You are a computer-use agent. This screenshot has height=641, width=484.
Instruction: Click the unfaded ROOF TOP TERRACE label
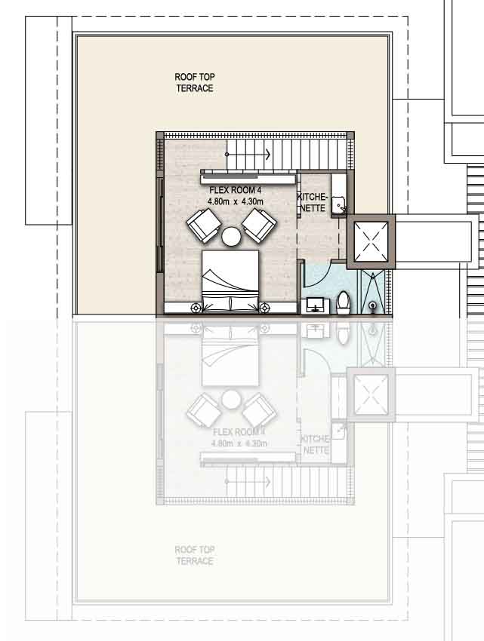point(194,83)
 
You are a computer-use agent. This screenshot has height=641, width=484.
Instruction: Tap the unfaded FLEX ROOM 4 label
point(235,192)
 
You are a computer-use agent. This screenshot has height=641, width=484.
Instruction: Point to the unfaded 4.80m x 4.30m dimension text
point(235,202)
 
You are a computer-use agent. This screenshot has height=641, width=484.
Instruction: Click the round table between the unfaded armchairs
point(231,237)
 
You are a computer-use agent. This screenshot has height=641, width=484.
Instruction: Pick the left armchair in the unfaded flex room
point(202,225)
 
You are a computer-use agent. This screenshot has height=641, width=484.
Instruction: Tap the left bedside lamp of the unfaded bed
point(197,307)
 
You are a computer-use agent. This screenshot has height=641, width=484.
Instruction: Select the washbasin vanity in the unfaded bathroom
point(316,305)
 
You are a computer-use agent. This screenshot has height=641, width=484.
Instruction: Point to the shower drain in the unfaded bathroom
point(373,305)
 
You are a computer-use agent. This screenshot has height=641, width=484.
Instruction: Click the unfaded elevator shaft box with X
point(371,241)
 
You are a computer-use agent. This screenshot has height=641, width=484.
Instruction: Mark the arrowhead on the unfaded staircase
point(267,155)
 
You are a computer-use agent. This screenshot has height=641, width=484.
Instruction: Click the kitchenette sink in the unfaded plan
point(339,203)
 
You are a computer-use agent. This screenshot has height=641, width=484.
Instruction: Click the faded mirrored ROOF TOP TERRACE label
point(194,556)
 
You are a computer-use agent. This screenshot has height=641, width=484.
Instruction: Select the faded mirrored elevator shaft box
point(371,394)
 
